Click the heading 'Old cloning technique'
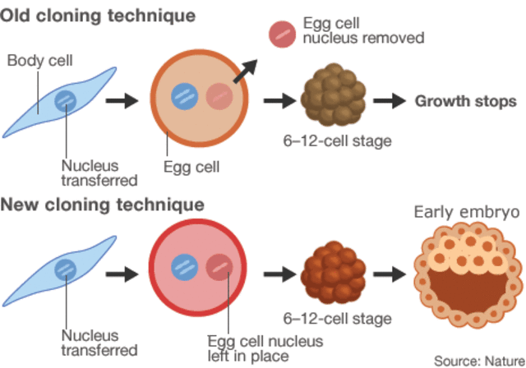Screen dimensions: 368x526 point(99,16)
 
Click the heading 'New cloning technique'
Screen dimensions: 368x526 point(103,204)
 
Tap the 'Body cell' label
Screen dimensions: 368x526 point(39,61)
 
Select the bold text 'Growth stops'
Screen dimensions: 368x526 point(465,101)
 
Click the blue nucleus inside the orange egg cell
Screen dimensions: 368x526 point(183,97)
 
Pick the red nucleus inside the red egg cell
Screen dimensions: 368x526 point(219,268)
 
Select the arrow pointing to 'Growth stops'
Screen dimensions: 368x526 point(389,101)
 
